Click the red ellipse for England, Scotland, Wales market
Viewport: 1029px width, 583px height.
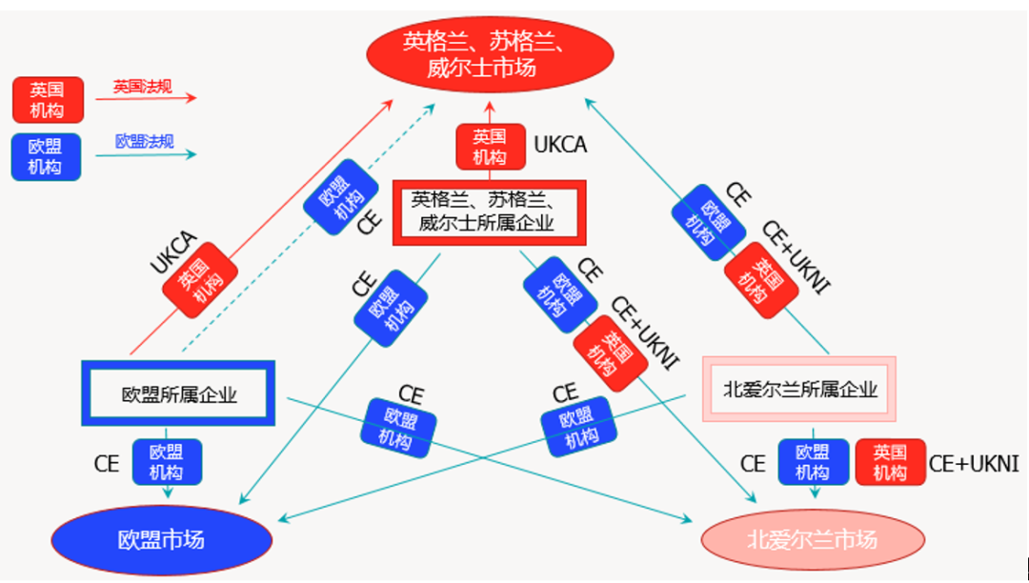click(x=491, y=54)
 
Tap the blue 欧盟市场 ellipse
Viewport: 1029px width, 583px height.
click(x=161, y=540)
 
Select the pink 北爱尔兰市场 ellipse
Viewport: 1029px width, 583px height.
click(x=813, y=540)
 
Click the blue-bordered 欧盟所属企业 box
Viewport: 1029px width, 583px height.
click(x=178, y=393)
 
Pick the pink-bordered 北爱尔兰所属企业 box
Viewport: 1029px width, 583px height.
click(x=799, y=389)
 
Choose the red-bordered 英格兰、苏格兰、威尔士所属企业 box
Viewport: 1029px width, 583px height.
click(x=489, y=212)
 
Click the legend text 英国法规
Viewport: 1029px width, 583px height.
click(x=142, y=87)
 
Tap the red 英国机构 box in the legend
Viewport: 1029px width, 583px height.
click(x=47, y=100)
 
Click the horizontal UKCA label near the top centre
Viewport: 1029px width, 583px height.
click(x=559, y=145)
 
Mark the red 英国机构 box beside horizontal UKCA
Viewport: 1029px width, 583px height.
click(x=489, y=148)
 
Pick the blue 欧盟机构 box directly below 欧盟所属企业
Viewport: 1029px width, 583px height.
click(x=167, y=462)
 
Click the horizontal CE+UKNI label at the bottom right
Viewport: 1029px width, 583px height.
click(x=973, y=464)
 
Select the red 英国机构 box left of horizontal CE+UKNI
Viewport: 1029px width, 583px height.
click(x=890, y=462)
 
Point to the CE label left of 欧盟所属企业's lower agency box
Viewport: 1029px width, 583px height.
click(x=107, y=464)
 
